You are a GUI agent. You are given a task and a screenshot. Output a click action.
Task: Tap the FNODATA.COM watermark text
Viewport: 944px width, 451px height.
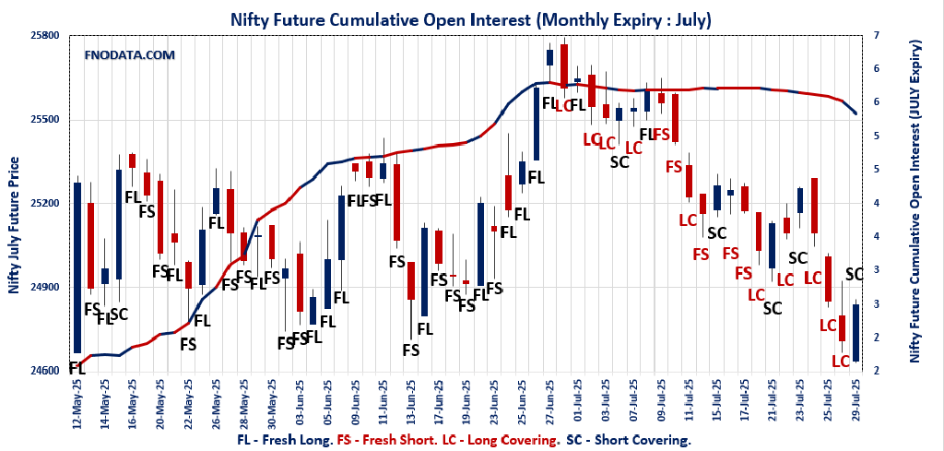pyautogui.click(x=129, y=55)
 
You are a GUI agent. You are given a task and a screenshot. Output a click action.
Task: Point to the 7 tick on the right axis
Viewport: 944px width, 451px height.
pyautogui.click(x=877, y=35)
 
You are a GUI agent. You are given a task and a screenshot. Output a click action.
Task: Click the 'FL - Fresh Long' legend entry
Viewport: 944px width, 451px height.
pyautogui.click(x=287, y=441)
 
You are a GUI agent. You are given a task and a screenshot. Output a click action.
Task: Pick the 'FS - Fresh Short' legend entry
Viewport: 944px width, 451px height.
pyautogui.click(x=388, y=441)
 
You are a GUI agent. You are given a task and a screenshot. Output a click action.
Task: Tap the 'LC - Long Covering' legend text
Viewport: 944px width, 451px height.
pyautogui.click(x=499, y=441)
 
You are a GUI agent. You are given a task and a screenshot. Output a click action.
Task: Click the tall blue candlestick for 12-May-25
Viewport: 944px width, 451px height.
pyautogui.click(x=77, y=267)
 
